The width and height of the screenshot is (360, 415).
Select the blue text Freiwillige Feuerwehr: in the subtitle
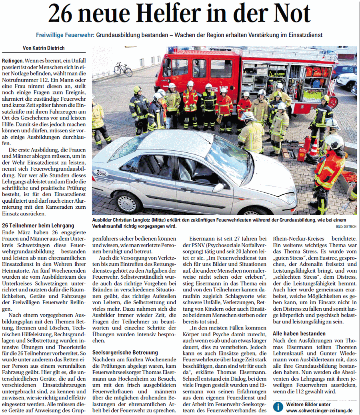pyautogui.click(x=65, y=35)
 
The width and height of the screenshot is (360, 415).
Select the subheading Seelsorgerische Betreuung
pyautogui.click(x=125, y=353)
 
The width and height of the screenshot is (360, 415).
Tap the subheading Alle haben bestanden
pyautogui.click(x=299, y=333)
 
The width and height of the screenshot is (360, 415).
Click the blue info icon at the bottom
pyautogui.click(x=278, y=407)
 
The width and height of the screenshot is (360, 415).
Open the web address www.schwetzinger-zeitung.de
pyautogui.click(x=319, y=410)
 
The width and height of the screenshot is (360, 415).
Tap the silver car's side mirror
pyautogui.click(x=218, y=188)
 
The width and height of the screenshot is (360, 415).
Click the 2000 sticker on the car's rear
pyautogui.click(x=100, y=173)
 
